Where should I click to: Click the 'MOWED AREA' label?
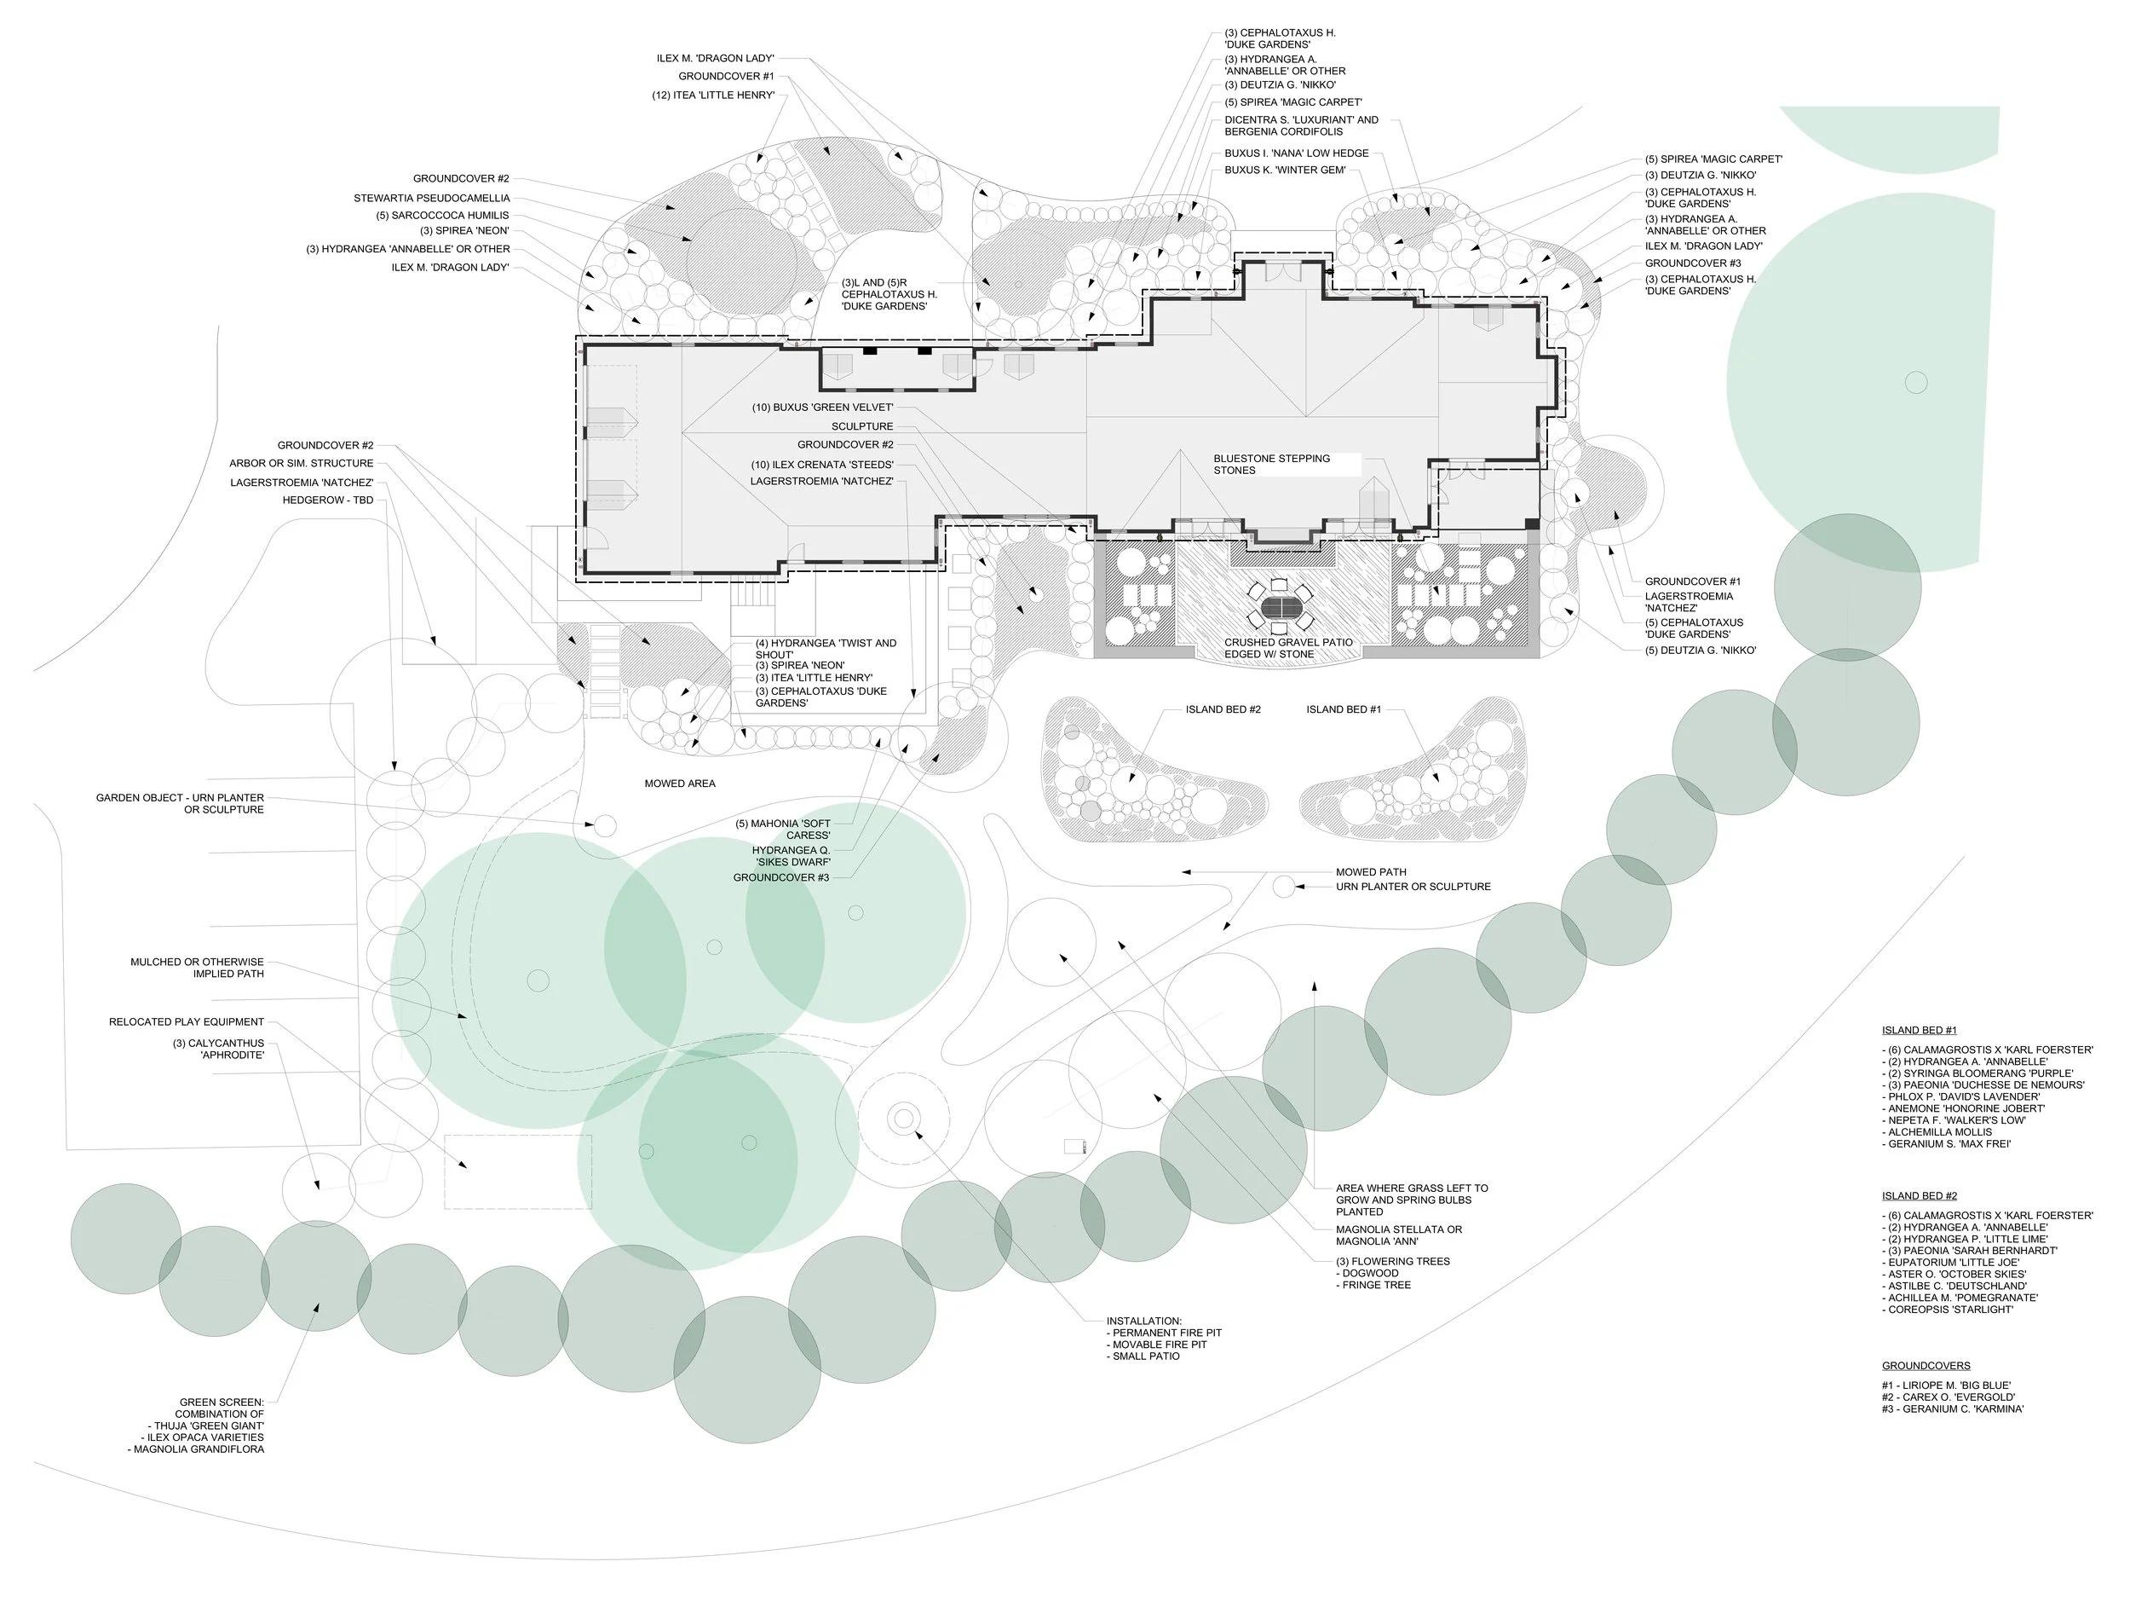pyautogui.click(x=679, y=784)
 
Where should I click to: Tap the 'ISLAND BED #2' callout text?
pyautogui.click(x=1223, y=710)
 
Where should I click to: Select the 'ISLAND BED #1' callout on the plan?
pyautogui.click(x=1344, y=710)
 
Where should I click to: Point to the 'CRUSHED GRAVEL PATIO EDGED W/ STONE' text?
pyautogui.click(x=1287, y=648)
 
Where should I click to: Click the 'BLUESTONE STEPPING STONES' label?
pyautogui.click(x=1271, y=465)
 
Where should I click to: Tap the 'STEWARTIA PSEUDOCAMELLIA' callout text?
pyautogui.click(x=431, y=199)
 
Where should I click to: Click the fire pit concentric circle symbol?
pyautogui.click(x=903, y=1119)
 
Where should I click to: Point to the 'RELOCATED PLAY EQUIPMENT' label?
pyautogui.click(x=186, y=1022)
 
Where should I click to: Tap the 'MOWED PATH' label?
pyautogui.click(x=1371, y=872)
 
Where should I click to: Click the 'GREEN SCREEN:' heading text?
pyautogui.click(x=222, y=1402)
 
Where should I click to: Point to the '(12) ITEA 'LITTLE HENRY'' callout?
pyautogui.click(x=712, y=95)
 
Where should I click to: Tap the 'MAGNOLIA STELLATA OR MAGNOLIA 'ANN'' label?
pyautogui.click(x=1399, y=1235)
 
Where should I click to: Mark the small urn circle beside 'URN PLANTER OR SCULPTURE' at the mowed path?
pyautogui.click(x=1284, y=886)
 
